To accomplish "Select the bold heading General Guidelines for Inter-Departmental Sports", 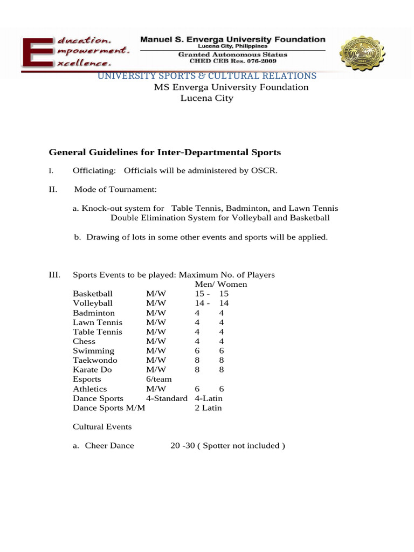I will click(165, 153).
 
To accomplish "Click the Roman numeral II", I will click(53, 189).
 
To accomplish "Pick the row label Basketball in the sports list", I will click(93, 294).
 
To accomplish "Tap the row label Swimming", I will click(93, 351).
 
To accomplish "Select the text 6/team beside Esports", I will click(158, 379).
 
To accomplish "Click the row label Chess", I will click(84, 341).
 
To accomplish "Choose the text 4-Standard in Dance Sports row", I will click(167, 398).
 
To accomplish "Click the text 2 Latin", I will click(208, 408).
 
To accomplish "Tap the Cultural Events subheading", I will click(102, 427).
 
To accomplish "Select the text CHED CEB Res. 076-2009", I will click(233, 61).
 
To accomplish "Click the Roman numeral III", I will click(54, 275).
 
